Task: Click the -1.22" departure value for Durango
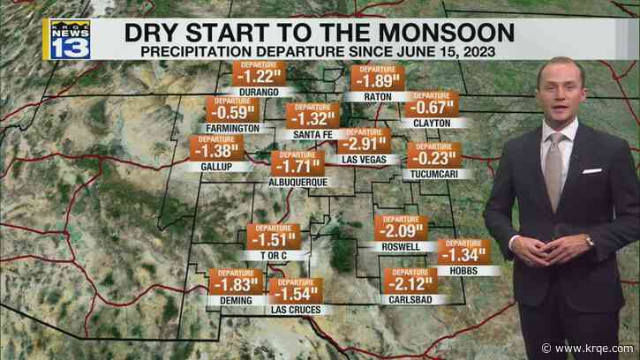[256, 77]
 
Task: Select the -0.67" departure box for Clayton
[432, 109]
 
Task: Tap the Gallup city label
[211, 167]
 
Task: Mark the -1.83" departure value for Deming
[236, 284]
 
